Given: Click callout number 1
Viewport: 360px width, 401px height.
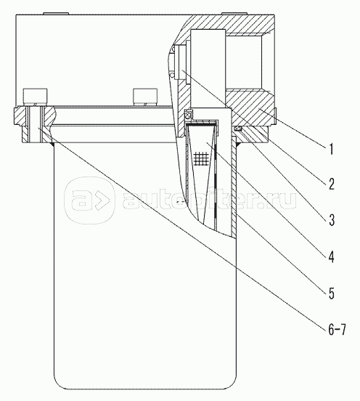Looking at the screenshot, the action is tap(332, 149).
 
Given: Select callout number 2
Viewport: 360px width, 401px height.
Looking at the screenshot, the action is tap(332, 184).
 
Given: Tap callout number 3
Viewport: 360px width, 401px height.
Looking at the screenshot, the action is tap(332, 220).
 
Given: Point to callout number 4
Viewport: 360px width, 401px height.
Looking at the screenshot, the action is tap(332, 256).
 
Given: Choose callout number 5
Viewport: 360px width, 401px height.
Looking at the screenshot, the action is tap(332, 293).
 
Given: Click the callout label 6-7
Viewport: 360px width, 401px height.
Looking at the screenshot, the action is tap(337, 330).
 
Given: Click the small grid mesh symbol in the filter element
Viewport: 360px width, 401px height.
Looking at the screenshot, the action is tap(200, 158).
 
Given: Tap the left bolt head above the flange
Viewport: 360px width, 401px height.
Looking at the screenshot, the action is tap(35, 97).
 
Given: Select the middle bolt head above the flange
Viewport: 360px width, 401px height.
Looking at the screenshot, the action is tap(145, 97).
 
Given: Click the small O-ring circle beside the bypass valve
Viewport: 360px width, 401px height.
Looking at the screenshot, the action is tap(173, 75).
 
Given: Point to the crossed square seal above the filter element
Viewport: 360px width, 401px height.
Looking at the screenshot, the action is tap(188, 114).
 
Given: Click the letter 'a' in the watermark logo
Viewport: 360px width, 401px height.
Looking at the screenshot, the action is tap(79, 200).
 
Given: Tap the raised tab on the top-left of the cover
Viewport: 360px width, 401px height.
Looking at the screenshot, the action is tap(56, 13).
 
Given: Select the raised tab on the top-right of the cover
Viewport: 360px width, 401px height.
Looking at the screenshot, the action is tap(234, 13).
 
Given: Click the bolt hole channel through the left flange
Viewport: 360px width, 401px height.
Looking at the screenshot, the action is tap(35, 124).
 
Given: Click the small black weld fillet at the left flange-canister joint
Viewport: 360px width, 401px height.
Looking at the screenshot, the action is tap(52, 145).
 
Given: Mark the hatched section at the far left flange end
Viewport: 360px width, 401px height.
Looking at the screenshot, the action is tap(20, 116).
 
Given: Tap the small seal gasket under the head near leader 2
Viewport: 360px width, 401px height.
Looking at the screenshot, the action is tap(238, 129).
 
